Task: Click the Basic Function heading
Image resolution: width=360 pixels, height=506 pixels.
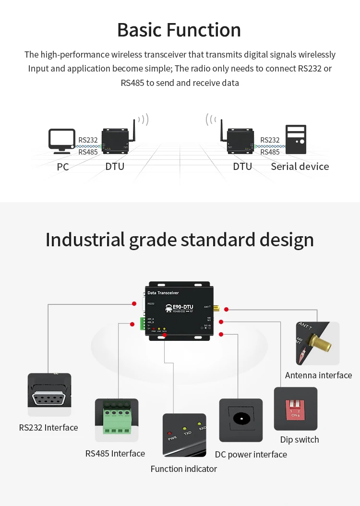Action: tap(179, 30)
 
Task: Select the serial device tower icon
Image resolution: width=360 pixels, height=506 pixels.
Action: tap(295, 139)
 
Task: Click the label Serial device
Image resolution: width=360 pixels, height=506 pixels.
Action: tap(300, 167)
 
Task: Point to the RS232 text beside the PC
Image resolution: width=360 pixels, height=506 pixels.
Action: tap(88, 140)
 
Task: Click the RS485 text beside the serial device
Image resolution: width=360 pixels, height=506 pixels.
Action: tap(270, 152)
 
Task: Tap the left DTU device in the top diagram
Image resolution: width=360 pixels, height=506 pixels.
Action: tap(115, 140)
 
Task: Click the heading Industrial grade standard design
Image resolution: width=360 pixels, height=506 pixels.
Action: tap(180, 240)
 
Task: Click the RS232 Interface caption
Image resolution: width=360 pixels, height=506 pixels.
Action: tap(48, 427)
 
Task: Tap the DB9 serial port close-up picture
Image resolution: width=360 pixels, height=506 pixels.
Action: tap(49, 395)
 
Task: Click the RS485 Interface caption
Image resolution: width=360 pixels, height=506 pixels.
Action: tap(115, 453)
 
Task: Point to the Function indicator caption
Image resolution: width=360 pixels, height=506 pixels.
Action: tap(184, 469)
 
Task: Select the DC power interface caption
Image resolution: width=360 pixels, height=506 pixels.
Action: tap(251, 454)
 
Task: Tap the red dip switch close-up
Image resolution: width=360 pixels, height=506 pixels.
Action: tap(296, 409)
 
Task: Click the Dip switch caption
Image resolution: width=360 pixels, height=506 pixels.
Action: tap(300, 439)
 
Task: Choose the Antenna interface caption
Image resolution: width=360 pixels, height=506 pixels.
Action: tap(318, 375)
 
